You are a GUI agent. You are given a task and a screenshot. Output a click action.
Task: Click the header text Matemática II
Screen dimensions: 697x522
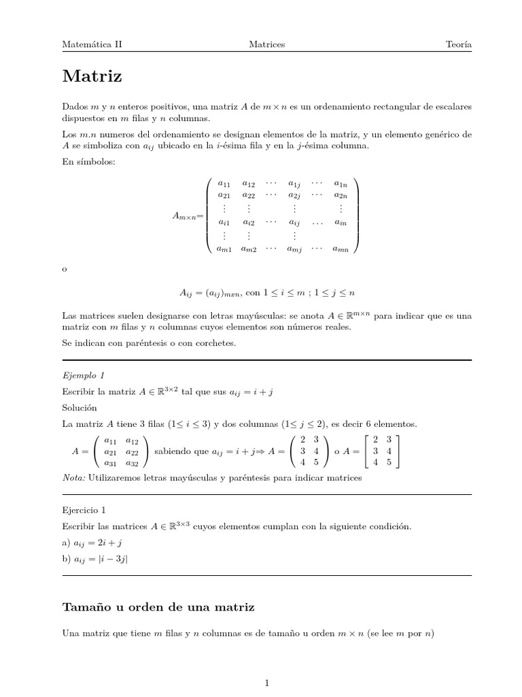pyautogui.click(x=92, y=44)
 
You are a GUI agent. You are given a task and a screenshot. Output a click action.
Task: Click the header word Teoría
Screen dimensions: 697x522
pyautogui.click(x=459, y=44)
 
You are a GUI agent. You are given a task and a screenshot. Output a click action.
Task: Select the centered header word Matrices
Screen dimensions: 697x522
pyautogui.click(x=267, y=44)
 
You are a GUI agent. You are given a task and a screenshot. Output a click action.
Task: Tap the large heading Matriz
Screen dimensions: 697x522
pyautogui.click(x=92, y=76)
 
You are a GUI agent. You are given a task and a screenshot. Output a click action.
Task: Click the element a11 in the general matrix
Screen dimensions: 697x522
pyautogui.click(x=223, y=184)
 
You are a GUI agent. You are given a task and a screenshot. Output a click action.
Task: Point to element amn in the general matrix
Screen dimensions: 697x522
pyautogui.click(x=341, y=249)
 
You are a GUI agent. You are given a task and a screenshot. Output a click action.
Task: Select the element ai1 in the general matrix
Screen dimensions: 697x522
pyautogui.click(x=223, y=223)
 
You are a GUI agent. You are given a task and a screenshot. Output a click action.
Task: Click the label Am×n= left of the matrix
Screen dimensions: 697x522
pyautogui.click(x=188, y=216)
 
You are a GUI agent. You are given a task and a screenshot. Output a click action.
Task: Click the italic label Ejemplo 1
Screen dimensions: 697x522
pyautogui.click(x=83, y=375)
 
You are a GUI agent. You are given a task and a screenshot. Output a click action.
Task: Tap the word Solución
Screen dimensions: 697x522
pyautogui.click(x=80, y=407)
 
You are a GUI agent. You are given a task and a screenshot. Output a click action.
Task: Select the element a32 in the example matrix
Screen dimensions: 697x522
pyautogui.click(x=132, y=463)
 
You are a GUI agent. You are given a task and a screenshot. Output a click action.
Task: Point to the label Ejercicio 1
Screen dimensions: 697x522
pyautogui.click(x=84, y=509)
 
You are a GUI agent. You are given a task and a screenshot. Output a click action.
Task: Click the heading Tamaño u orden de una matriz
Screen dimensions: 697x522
pyautogui.click(x=158, y=606)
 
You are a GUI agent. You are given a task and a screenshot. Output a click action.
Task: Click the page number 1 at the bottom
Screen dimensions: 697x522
pyautogui.click(x=267, y=682)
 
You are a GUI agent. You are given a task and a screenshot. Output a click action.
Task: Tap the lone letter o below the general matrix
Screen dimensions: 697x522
pyautogui.click(x=65, y=270)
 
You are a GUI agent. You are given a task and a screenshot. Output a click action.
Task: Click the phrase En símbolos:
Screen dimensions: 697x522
pyautogui.click(x=84, y=160)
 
